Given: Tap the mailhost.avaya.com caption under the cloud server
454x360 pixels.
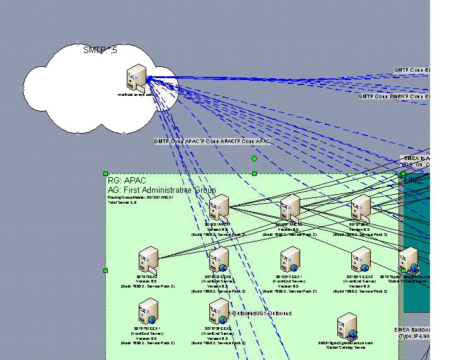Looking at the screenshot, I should pos(135,95).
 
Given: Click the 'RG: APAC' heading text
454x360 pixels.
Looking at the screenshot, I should pos(127,181).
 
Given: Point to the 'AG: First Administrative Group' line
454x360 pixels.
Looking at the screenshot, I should pos(161,190).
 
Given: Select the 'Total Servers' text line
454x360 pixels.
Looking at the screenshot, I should pos(122,202).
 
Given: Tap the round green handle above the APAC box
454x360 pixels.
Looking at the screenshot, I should pos(254,159).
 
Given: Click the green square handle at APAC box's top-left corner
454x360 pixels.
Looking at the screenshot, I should pos(105,173).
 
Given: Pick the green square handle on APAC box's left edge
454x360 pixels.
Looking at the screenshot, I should pos(105,270).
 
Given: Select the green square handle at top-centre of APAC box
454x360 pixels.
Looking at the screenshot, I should pos(254,173).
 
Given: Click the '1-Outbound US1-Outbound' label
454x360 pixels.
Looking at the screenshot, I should pos(260,313).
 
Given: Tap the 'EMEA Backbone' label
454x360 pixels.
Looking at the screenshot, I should pos(412,330).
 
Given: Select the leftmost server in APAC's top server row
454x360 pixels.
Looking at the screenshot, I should pos(219,207).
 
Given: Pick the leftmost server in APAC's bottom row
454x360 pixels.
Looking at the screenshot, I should pos(149,311).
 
